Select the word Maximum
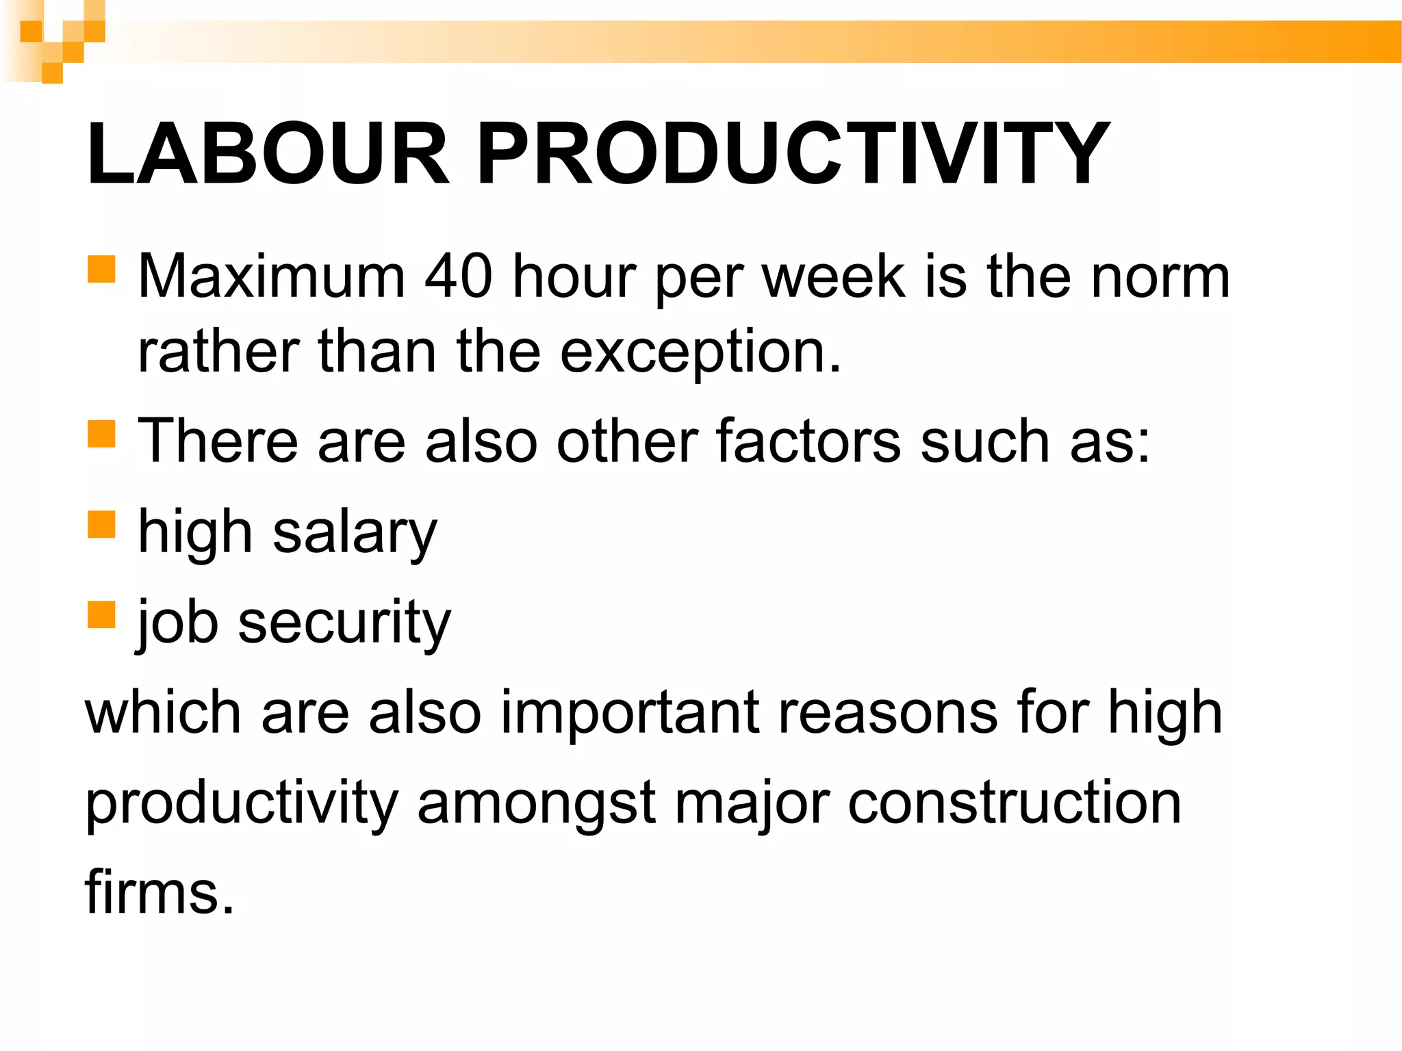click(272, 277)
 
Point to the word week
click(834, 277)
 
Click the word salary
click(355, 534)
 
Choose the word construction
click(1015, 804)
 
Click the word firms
click(159, 892)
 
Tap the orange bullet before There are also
click(101, 433)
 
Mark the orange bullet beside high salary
click(101, 525)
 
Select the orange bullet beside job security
click(101, 614)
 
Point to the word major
click(752, 804)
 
